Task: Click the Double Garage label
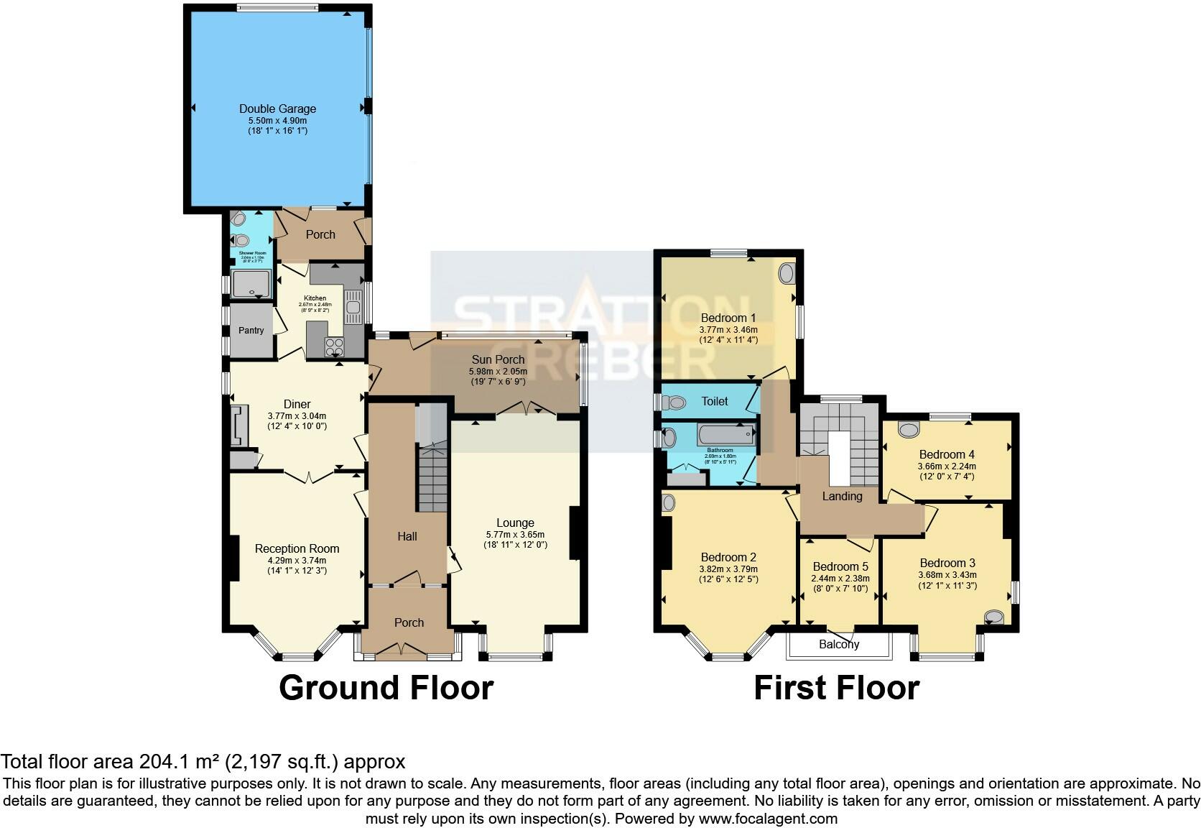pos(277,109)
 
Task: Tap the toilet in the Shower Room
pos(241,240)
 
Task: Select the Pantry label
pos(251,331)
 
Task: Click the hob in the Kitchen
pos(335,347)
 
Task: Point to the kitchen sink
pos(353,308)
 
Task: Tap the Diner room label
pos(297,404)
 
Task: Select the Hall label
pos(407,536)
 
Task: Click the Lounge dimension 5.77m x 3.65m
pos(515,534)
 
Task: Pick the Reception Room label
pos(297,548)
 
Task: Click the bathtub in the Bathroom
pos(728,435)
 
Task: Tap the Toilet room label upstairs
pos(715,401)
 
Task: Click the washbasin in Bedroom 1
pos(787,273)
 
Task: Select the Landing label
pos(842,496)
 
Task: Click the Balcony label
pos(839,645)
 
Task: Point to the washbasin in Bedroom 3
pos(994,617)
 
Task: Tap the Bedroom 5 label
pos(840,566)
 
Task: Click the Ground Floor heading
pos(386,688)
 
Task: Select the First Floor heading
pos(836,688)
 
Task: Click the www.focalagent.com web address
pos(768,818)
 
